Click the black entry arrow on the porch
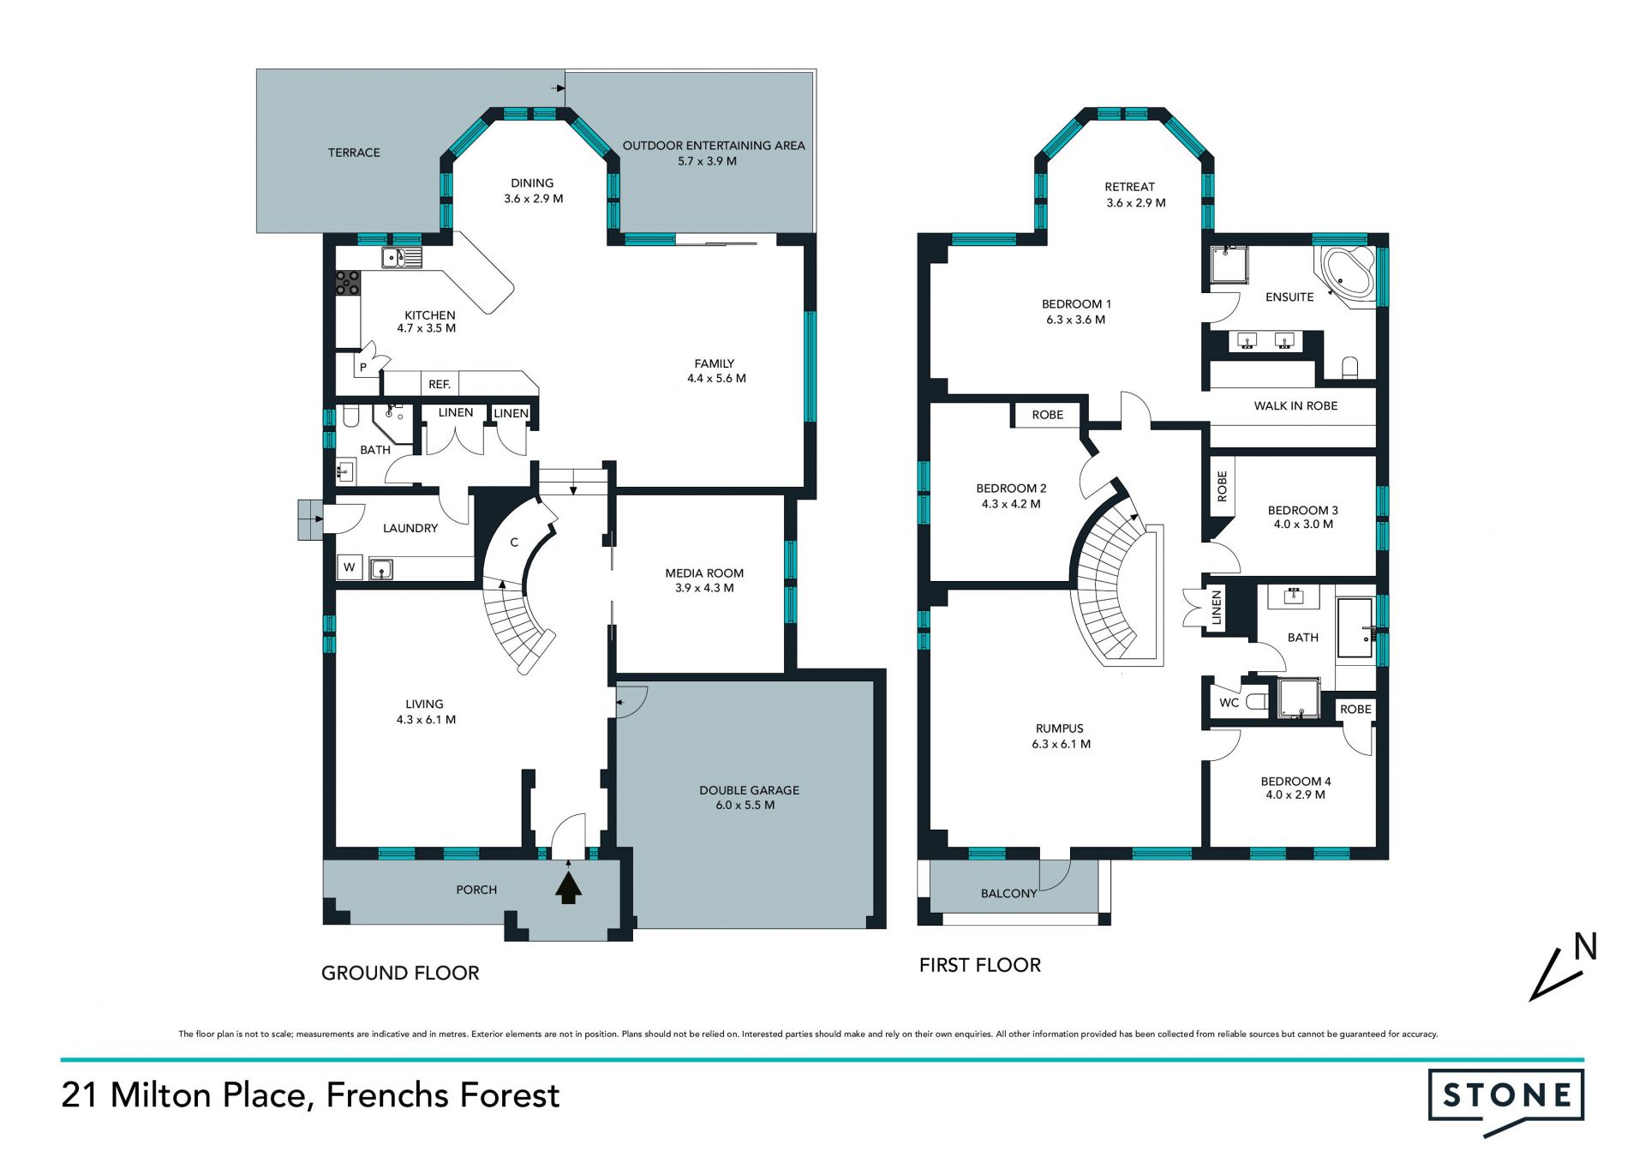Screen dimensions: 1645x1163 [x=569, y=888]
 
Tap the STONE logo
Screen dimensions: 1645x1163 [x=1506, y=1101]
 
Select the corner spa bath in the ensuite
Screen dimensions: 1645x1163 [x=1348, y=272]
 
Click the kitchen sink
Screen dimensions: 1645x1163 [x=402, y=257]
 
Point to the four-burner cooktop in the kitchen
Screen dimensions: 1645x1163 [x=348, y=283]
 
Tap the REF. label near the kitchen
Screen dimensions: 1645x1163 [x=440, y=385]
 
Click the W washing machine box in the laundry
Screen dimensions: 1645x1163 [x=350, y=567]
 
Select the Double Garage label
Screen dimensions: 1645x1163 [x=749, y=790]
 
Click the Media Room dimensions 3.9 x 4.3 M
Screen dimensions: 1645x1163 [x=704, y=588]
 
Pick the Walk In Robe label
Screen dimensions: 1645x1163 [x=1295, y=406]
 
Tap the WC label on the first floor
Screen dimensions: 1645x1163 [x=1229, y=703]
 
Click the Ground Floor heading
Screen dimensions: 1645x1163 [x=400, y=973]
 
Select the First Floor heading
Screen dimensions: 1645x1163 [x=980, y=965]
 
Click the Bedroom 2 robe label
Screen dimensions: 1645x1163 [x=1047, y=415]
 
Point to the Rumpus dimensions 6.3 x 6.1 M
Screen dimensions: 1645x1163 [x=1061, y=744]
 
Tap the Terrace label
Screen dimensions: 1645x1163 [x=354, y=153]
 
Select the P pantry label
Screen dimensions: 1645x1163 [x=363, y=368]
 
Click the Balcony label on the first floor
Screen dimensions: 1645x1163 [x=1008, y=894]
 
